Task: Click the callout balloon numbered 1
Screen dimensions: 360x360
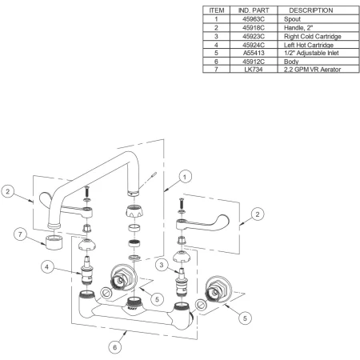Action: (x=185, y=177)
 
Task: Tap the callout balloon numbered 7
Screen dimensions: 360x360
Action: (x=20, y=234)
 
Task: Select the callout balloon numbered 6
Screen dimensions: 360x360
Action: (x=115, y=347)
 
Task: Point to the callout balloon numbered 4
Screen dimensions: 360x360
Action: (x=47, y=266)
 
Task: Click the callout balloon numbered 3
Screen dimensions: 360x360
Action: (x=162, y=265)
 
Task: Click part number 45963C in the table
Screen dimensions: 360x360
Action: (x=254, y=19)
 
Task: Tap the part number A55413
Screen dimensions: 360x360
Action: (x=254, y=53)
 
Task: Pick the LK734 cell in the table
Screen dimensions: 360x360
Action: (x=254, y=70)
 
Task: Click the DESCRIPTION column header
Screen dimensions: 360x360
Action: (x=311, y=10)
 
